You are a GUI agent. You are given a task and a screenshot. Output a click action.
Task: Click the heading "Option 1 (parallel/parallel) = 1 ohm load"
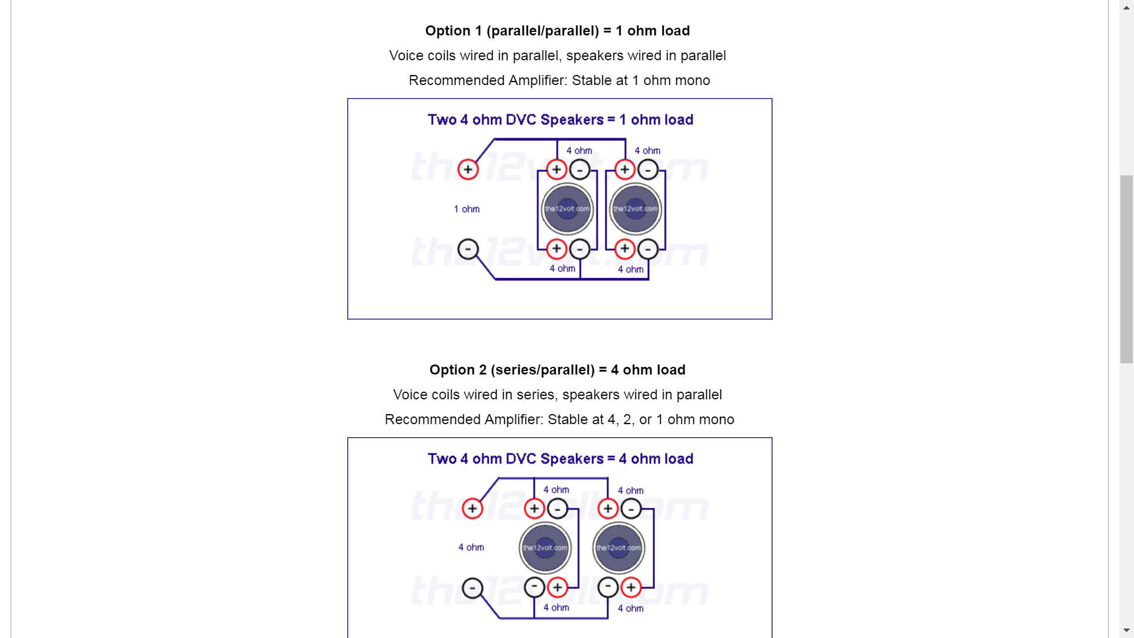tap(558, 31)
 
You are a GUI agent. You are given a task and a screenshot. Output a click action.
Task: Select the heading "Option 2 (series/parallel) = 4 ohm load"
tap(558, 370)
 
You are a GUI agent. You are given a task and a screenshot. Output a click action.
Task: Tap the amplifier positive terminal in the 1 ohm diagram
tap(468, 170)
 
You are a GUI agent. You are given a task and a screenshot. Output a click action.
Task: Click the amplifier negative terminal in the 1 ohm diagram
tap(468, 249)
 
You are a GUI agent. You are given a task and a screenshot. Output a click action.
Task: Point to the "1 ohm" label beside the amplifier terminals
tap(467, 209)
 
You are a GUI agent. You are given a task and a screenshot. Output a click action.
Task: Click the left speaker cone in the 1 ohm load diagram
tap(567, 209)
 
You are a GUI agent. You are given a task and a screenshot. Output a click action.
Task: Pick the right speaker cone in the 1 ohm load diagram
tap(636, 209)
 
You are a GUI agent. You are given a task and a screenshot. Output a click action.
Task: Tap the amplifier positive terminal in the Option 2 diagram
tap(472, 509)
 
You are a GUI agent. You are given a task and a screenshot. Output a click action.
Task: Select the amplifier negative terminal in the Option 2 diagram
tap(472, 588)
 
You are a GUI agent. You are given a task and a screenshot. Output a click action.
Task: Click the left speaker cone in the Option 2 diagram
tap(545, 548)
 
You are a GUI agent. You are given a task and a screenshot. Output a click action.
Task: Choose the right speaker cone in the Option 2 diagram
tap(619, 548)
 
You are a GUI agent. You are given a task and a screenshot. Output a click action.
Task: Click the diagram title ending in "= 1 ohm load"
tap(561, 120)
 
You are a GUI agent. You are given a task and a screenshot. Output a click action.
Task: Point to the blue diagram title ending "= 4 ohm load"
tap(561, 459)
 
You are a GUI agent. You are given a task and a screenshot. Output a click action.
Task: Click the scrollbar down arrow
tap(1127, 630)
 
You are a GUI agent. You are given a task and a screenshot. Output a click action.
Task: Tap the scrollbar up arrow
tap(1127, 7)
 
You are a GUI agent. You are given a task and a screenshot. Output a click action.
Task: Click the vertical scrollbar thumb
tap(1127, 269)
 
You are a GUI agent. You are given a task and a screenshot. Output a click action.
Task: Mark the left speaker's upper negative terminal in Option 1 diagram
tap(579, 170)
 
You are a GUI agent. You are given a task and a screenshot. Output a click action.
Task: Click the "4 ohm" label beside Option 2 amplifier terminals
tap(471, 548)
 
